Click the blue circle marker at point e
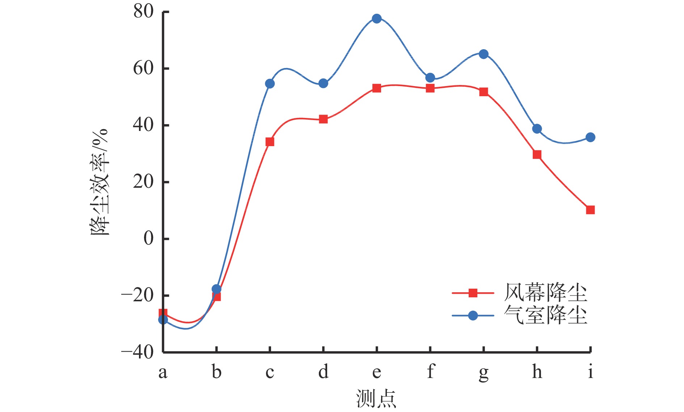[x=377, y=18]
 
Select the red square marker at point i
[x=590, y=210]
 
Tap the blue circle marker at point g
[x=484, y=54]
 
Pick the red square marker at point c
[x=270, y=142]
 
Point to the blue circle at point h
[x=537, y=129]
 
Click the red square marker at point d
[x=323, y=119]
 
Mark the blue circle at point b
[x=216, y=289]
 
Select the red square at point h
[x=537, y=155]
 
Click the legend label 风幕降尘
[x=545, y=293]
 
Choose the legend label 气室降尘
[x=545, y=315]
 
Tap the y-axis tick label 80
[x=144, y=12]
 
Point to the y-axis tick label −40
[x=138, y=352]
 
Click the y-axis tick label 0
[x=149, y=239]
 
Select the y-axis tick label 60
[x=144, y=68]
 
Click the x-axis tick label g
[x=484, y=373]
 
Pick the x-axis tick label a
[x=163, y=372]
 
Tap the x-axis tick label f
[x=430, y=371]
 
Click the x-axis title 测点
[x=376, y=399]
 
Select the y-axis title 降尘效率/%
[x=100, y=182]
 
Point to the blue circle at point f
[x=430, y=78]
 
